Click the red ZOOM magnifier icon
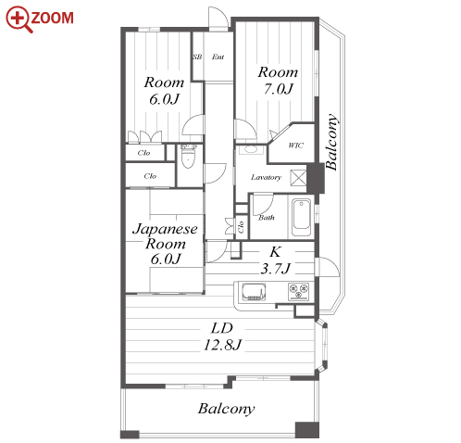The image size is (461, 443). pos(19,19)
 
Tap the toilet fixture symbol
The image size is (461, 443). pos(188,156)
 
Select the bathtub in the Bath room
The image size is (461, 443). pos(301,218)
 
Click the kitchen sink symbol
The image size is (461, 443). pos(254,292)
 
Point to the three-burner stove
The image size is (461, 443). pos(298,292)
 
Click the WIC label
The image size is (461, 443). pos(295,145)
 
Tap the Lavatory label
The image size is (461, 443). pos(266,177)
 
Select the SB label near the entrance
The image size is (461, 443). pos(197,57)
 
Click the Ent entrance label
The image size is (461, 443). pos(218,57)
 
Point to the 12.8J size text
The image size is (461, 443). pos(222,344)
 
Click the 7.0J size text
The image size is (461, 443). pos(278,89)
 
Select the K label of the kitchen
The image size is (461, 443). pos(275,252)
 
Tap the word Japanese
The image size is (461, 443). pos(165,229)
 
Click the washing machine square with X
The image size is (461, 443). pos(298,178)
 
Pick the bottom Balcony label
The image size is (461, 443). pos(226,409)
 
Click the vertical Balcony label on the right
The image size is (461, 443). pos(331,142)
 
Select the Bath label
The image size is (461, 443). pos(267,218)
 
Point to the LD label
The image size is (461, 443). pos(221,328)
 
